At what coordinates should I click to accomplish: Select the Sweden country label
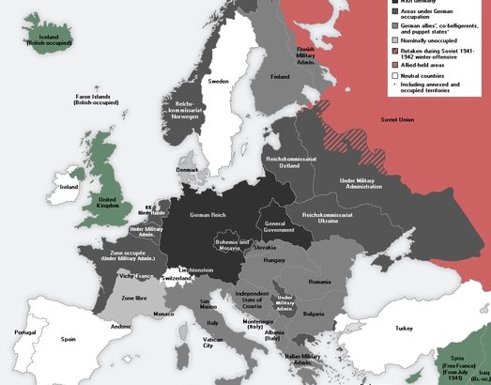[x=218, y=82]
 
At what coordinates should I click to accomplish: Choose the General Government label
[x=273, y=226]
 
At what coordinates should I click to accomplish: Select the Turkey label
[x=404, y=329]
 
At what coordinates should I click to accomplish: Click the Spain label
[x=68, y=339]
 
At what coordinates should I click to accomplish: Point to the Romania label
[x=320, y=282]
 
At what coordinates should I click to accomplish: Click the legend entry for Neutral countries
[x=425, y=74]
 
